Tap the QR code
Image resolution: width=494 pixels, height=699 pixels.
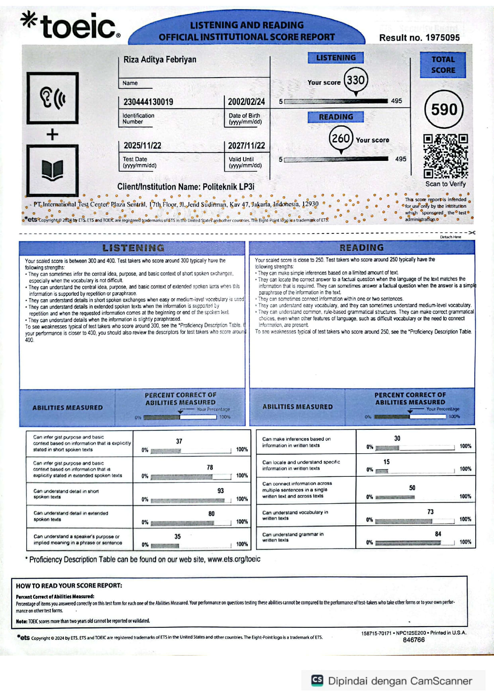point(445,156)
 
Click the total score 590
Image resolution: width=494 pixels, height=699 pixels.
point(444,110)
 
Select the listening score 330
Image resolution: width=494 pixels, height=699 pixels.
point(355,80)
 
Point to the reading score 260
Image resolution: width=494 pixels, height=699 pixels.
point(341,138)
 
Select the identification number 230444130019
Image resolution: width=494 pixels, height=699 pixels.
point(148,102)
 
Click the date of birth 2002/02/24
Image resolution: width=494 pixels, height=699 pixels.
point(246,102)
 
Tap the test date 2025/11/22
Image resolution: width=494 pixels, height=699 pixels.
point(142,146)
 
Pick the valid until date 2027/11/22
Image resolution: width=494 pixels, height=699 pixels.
point(246,146)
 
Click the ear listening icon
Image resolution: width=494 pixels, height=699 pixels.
point(52,98)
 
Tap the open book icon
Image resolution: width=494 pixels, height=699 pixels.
point(52,170)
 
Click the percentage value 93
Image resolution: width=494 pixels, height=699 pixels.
point(220,491)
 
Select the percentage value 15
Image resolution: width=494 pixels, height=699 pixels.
point(386,462)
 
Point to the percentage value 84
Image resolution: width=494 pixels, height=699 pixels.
point(438,534)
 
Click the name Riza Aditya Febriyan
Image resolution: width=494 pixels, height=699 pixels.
point(160,60)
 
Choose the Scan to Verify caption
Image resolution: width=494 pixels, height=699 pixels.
point(445,184)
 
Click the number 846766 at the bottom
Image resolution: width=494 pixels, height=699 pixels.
point(414,640)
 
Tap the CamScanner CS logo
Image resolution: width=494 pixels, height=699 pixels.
point(317,680)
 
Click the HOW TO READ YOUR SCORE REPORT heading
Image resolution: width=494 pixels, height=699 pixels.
point(69,585)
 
